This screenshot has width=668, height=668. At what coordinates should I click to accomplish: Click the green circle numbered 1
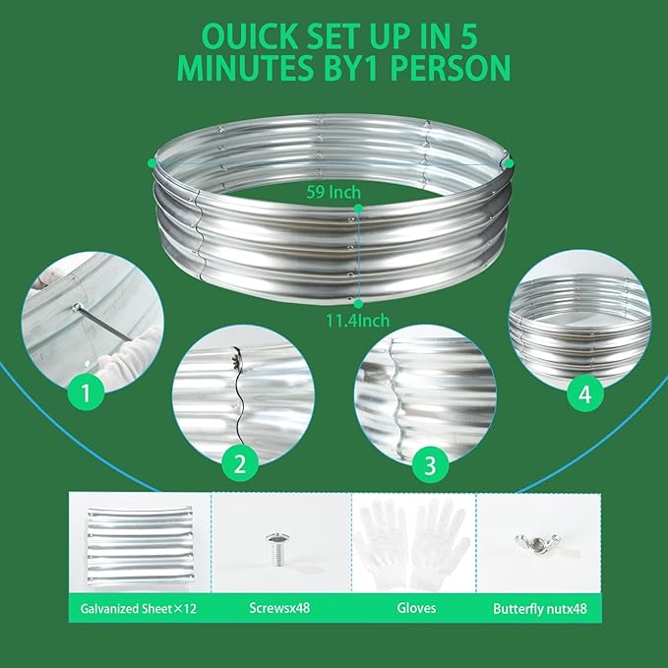pyautogui.click(x=87, y=395)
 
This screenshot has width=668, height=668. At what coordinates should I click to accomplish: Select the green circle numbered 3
pyautogui.click(x=428, y=465)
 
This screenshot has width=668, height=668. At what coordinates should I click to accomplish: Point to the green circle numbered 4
pyautogui.click(x=585, y=395)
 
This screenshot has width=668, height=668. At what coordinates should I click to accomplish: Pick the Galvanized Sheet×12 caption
pyautogui.click(x=137, y=609)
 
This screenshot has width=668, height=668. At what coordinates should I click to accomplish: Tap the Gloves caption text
pyautogui.click(x=413, y=609)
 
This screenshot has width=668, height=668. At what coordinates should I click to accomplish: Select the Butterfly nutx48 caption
pyautogui.click(x=539, y=609)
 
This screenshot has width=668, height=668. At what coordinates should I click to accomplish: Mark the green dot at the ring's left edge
pyautogui.click(x=152, y=162)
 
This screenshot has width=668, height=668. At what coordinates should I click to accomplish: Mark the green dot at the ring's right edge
pyautogui.click(x=511, y=162)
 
